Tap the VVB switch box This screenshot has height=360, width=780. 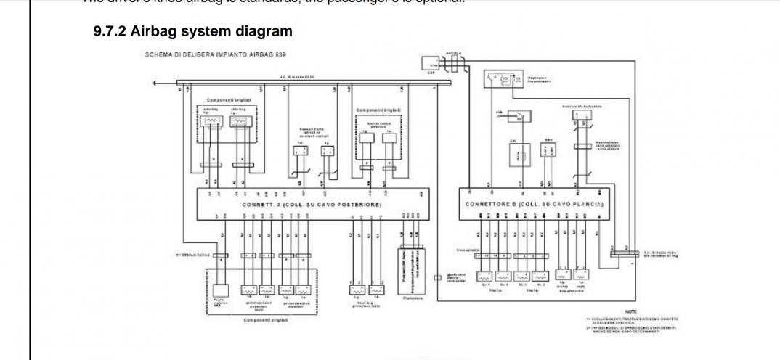[521, 115]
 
